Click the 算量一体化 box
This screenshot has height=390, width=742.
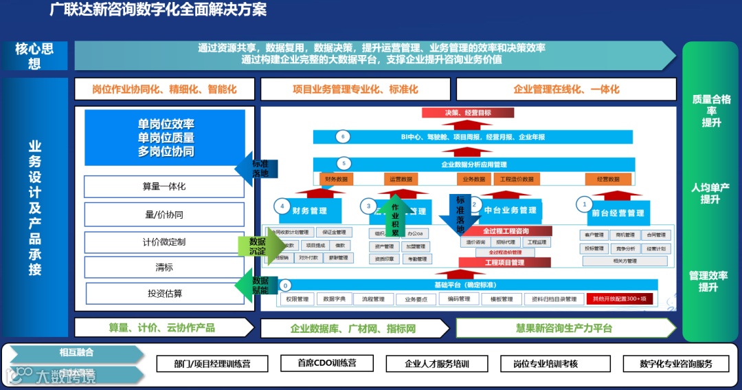[164, 186]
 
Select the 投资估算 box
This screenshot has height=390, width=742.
[164, 294]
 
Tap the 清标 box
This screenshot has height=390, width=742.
[164, 268]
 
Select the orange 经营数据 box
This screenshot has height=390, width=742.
[608, 179]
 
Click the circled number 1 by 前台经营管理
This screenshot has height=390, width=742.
[585, 204]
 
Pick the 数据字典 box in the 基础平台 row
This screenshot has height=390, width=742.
[333, 299]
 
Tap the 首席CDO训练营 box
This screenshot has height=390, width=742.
[326, 363]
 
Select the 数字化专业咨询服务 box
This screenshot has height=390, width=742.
[675, 364]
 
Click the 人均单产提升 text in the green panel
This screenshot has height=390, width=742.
[710, 193]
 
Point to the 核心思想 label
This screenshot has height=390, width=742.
[35, 56]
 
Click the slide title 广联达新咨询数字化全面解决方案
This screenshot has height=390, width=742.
[159, 10]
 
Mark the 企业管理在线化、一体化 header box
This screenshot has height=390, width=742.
[566, 89]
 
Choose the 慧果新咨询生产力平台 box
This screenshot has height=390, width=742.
[564, 328]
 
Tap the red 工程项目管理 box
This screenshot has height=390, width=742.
[505, 263]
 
